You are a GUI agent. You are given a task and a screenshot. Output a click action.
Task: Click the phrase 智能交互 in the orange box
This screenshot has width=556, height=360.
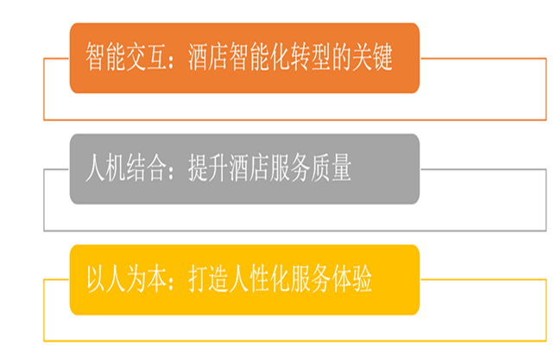[x=127, y=57]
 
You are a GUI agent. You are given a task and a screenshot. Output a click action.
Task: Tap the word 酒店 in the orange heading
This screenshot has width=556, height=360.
[x=209, y=57]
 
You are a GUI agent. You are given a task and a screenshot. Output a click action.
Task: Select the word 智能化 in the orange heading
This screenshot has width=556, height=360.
[x=260, y=57]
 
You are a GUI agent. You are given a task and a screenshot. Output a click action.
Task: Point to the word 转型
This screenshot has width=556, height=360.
[x=311, y=57]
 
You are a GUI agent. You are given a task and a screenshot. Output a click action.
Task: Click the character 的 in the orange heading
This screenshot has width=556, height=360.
[x=342, y=57]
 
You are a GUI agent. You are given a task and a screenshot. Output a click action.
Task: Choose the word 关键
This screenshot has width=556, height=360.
[x=372, y=57]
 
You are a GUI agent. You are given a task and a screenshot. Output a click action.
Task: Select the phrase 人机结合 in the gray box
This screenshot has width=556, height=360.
[x=127, y=167]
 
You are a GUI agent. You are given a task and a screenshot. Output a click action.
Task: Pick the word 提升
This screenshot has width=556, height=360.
[x=209, y=167]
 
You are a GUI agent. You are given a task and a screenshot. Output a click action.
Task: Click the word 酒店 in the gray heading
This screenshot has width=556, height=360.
[x=250, y=167]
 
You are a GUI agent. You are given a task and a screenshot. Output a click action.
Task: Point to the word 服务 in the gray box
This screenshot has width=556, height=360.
[x=290, y=167]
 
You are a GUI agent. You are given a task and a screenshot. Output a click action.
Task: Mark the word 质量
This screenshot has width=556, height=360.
[x=332, y=167]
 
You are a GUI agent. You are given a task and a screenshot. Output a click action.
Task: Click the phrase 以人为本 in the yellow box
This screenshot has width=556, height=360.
[x=127, y=279]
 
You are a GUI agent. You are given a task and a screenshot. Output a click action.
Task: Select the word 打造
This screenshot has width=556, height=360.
[x=209, y=279]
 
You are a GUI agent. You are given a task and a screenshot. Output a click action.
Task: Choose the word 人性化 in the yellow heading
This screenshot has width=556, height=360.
[x=260, y=279]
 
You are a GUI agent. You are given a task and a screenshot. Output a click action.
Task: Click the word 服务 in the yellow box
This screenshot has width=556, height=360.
[x=311, y=279]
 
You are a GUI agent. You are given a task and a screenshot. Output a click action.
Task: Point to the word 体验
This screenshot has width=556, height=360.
[x=351, y=279]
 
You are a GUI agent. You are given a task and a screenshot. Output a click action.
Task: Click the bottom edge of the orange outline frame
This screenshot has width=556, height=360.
[x=295, y=120]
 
